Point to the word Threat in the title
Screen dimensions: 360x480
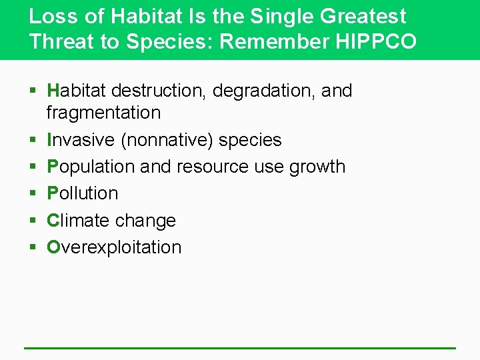point(60,41)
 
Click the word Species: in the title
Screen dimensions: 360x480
point(170,41)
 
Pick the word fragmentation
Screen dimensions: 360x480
point(103,113)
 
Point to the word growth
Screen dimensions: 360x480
point(317,167)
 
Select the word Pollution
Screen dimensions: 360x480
point(82,193)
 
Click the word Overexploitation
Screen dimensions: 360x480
point(114,247)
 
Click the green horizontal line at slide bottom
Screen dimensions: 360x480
point(240,348)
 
